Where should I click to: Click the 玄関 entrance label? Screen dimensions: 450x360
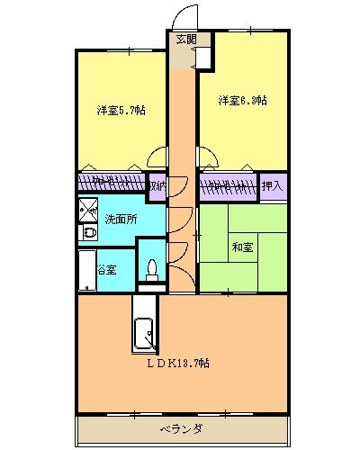coord(185,39)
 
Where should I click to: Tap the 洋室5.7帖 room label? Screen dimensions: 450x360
coord(122,111)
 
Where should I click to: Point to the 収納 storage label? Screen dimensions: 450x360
coord(157,186)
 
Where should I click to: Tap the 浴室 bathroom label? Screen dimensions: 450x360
coord(106,269)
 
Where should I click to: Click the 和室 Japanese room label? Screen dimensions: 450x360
coord(242,247)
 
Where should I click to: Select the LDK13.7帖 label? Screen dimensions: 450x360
coord(180,363)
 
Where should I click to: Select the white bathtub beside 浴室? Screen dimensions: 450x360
coord(87,269)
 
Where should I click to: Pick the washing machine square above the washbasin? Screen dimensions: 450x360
coord(89,211)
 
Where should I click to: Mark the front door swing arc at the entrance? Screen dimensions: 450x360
coord(184,16)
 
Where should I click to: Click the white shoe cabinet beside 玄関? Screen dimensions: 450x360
coord(203,54)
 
